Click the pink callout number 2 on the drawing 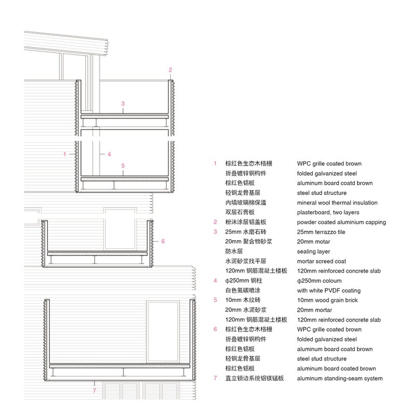(170, 70)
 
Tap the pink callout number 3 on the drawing (123, 103)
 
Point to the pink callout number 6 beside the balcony (162, 241)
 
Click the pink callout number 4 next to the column (109, 154)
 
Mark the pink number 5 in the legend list (215, 300)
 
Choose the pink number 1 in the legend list (215, 164)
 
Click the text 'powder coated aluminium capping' (341, 223)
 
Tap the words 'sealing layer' (313, 252)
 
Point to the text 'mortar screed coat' (322, 261)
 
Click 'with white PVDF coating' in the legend (328, 290)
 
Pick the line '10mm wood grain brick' (326, 300)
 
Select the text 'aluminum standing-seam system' (340, 378)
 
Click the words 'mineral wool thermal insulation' (337, 203)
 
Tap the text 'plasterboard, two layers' (328, 213)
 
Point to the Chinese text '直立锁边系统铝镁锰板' (254, 378)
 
